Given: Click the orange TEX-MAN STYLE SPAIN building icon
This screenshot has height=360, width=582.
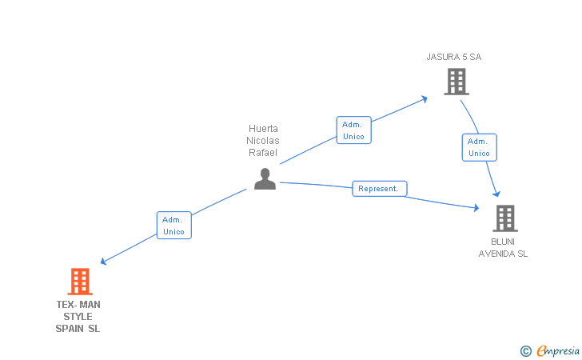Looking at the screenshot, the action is (x=79, y=282).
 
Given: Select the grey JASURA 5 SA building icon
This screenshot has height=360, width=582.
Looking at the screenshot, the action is (x=456, y=82).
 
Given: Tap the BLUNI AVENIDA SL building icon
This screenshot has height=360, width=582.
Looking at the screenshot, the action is (x=504, y=218).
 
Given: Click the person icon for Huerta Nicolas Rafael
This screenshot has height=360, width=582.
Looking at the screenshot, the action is (x=265, y=178).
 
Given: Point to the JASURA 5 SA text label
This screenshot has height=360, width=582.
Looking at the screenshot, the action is (x=453, y=57).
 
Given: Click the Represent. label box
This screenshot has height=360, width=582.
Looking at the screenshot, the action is (x=380, y=189).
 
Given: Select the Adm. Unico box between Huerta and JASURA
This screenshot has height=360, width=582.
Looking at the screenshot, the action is (x=353, y=130).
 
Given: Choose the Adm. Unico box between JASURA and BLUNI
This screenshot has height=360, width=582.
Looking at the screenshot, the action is (x=479, y=147).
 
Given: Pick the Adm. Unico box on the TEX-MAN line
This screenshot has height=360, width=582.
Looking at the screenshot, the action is (x=173, y=226).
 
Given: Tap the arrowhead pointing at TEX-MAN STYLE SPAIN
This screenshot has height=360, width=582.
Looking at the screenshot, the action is (x=103, y=261).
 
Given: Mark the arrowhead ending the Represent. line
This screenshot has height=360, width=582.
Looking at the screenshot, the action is (x=476, y=208).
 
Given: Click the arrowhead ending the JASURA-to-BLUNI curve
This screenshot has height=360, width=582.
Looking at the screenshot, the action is (x=497, y=194).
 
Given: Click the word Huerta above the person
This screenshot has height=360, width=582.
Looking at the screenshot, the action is (x=263, y=128).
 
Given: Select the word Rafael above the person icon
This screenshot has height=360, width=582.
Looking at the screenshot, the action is (x=263, y=153).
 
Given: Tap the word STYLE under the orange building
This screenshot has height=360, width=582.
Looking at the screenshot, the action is (x=78, y=317).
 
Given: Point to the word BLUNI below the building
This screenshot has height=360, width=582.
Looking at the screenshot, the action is (x=504, y=242).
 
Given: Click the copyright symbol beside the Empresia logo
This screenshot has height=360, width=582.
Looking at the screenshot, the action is (x=525, y=350).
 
